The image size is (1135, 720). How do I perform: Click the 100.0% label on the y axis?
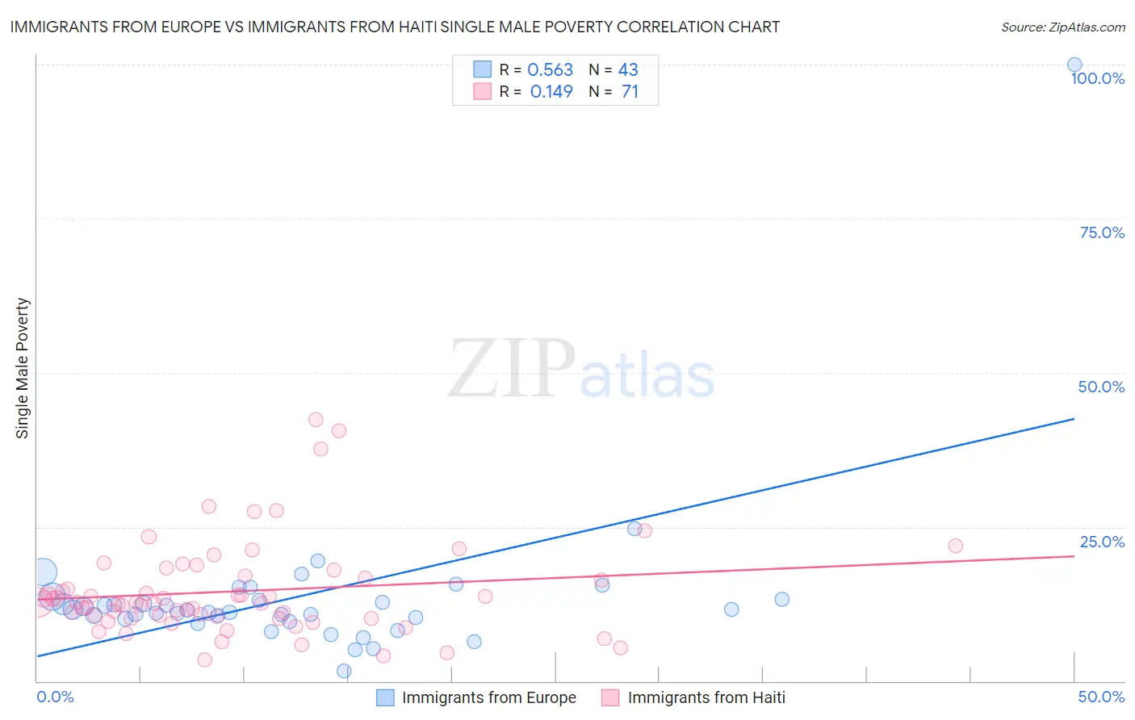tap(1097, 78)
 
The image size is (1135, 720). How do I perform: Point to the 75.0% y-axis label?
tap(1102, 232)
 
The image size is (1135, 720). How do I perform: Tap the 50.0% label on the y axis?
tap(1101, 387)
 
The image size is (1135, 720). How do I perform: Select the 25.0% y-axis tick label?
tap(1102, 542)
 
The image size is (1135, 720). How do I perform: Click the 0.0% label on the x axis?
tap(55, 697)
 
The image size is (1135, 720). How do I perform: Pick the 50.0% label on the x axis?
tap(1101, 697)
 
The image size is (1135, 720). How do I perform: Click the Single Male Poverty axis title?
tap(23, 368)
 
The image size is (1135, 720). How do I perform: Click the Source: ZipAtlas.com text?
tap(1062, 27)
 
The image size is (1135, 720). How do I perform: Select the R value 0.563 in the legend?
tap(550, 70)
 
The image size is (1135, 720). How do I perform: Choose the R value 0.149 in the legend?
tap(551, 92)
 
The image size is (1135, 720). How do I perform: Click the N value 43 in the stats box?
tap(628, 70)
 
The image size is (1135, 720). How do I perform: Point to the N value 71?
tap(630, 92)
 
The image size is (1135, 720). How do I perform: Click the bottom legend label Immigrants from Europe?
tap(488, 697)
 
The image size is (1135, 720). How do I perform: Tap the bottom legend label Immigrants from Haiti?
tap(706, 697)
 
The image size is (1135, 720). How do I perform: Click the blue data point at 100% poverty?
tap(1074, 65)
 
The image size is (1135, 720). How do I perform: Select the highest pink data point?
tap(316, 420)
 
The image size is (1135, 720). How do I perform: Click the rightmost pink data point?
tap(955, 546)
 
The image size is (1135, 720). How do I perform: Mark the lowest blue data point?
tap(344, 671)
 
